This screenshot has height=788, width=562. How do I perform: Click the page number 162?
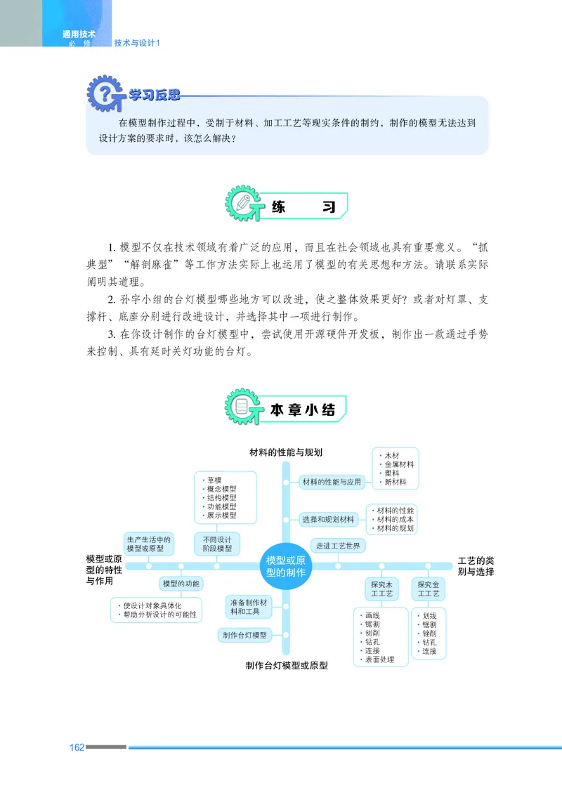(x=77, y=747)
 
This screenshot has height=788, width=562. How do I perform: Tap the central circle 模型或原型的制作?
(x=286, y=566)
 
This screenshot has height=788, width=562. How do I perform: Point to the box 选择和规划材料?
(x=328, y=520)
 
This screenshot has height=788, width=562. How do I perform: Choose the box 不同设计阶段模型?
(x=216, y=543)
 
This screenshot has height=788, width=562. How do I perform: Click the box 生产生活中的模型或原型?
(x=148, y=543)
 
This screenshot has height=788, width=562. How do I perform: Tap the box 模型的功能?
(x=181, y=584)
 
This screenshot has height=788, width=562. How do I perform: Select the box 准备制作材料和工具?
(x=249, y=607)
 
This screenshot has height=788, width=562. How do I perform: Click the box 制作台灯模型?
(x=244, y=635)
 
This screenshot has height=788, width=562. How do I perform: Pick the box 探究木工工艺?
(x=381, y=589)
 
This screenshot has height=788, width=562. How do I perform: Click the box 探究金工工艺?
(x=428, y=589)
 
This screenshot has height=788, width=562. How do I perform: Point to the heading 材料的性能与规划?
(x=286, y=452)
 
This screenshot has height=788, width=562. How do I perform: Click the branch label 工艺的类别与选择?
(x=476, y=566)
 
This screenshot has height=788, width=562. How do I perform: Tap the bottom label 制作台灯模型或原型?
(x=287, y=664)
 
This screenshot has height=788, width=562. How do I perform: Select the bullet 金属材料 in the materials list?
(x=398, y=464)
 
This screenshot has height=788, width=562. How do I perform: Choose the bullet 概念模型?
(x=221, y=489)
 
